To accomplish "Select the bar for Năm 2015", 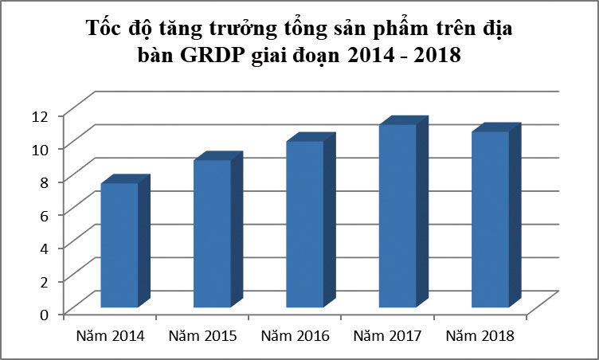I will pyautogui.click(x=212, y=234).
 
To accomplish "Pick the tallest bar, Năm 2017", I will pyautogui.click(x=397, y=216).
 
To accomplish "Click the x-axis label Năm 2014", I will pyautogui.click(x=110, y=336).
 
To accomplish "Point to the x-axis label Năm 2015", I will pyautogui.click(x=203, y=336).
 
